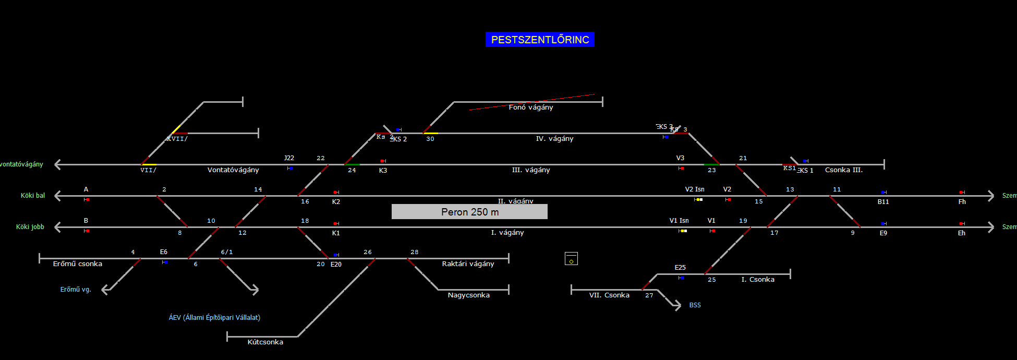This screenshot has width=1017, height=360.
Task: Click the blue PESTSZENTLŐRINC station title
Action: [x=540, y=40]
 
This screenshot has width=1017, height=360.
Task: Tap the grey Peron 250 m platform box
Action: [x=469, y=212]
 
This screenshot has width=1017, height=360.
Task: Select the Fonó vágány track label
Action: [x=530, y=107]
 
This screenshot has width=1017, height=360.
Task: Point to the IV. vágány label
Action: [x=554, y=139]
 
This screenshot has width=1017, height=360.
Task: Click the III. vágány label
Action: [x=530, y=170]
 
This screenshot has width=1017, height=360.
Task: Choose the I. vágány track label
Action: [x=507, y=233]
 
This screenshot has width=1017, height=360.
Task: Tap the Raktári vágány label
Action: [x=468, y=264]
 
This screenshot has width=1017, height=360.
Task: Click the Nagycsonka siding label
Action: [x=468, y=295]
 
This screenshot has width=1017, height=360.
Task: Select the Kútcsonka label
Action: [x=265, y=342]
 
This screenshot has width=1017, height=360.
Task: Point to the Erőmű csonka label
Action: [x=77, y=264]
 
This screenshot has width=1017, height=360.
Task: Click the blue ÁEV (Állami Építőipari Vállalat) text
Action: [x=214, y=317]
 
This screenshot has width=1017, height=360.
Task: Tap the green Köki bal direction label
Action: [x=32, y=196]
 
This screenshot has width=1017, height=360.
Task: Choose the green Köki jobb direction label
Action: [x=30, y=227]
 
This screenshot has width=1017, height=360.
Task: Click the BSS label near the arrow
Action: [x=695, y=305]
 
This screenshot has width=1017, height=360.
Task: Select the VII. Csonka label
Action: [x=609, y=295]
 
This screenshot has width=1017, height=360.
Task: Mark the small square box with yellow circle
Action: [x=571, y=259]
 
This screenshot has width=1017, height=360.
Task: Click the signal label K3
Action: [x=383, y=171]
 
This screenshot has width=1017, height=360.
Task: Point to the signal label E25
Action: [x=680, y=268]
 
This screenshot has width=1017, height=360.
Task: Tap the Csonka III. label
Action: [x=843, y=170]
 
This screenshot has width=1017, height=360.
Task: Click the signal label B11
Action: [x=883, y=202]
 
